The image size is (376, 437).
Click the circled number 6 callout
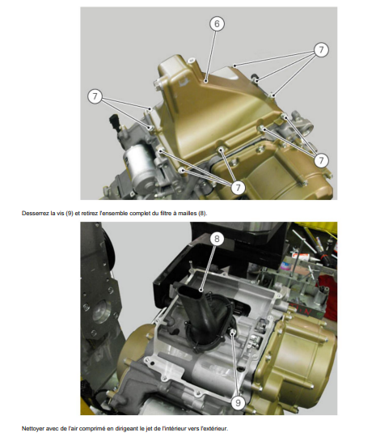[x=217, y=23]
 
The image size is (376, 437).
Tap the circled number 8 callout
[x=217, y=239]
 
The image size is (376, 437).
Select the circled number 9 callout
[x=238, y=403]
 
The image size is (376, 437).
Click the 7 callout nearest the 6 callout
[x=321, y=50]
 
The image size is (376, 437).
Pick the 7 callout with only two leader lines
[x=95, y=96]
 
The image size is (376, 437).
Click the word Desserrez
[x=33, y=214]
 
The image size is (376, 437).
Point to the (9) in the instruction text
[x=70, y=214]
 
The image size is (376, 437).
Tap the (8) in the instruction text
[x=202, y=214]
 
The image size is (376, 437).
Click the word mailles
[x=189, y=214]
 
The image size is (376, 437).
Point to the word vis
[x=61, y=214]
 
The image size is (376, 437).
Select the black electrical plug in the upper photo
[x=114, y=121]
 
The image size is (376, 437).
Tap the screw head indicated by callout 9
[x=233, y=331]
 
